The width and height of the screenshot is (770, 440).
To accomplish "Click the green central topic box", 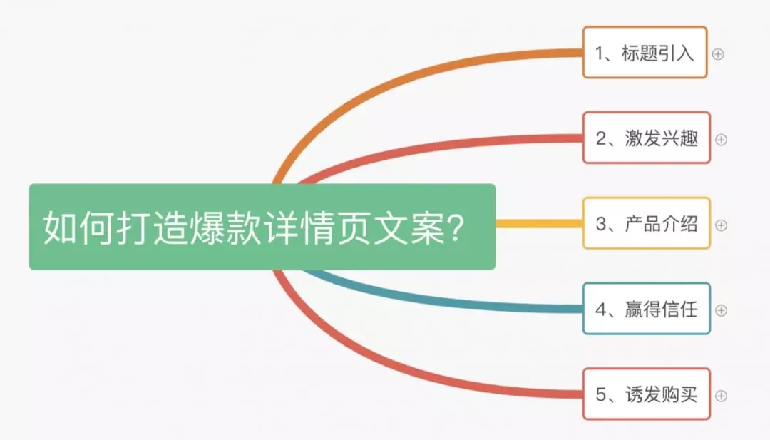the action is tap(262, 226).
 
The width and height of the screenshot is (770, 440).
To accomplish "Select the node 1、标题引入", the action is tap(645, 53).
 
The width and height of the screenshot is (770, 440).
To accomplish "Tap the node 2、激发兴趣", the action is tap(646, 138).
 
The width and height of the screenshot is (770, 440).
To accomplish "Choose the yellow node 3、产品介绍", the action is tap(646, 223).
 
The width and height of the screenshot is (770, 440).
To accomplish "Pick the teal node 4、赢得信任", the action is tap(646, 309).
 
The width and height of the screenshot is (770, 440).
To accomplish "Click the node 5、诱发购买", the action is tap(646, 394).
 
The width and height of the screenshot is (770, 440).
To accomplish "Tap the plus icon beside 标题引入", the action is tap(718, 54).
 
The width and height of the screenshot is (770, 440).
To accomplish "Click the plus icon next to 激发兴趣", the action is tap(721, 140).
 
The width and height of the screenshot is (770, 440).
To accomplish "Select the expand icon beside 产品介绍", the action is tap(721, 225).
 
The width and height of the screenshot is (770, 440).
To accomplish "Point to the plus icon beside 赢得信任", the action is tap(721, 310).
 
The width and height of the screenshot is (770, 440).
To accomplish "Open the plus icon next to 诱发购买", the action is tap(721, 396).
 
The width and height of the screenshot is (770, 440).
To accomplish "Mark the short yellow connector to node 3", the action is tap(539, 224).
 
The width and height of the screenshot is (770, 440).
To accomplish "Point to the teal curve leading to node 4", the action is tap(432, 299).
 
